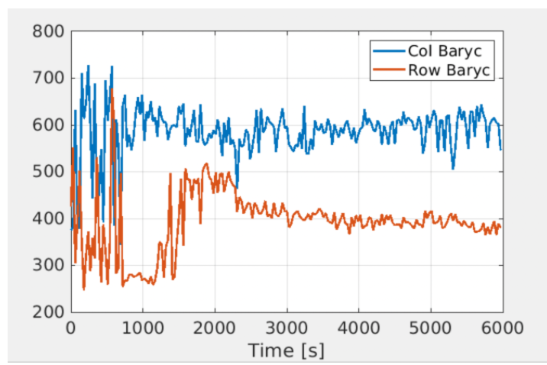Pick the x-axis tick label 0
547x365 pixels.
(71, 328)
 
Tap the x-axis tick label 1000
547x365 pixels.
(143, 328)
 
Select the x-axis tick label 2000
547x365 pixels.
(215, 328)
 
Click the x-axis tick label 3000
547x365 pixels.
(286, 328)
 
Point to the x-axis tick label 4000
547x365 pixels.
(358, 328)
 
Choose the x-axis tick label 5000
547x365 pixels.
(430, 328)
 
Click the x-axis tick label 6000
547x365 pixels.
(502, 328)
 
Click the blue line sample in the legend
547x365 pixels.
(389, 52)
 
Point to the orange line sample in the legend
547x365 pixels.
(389, 71)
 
